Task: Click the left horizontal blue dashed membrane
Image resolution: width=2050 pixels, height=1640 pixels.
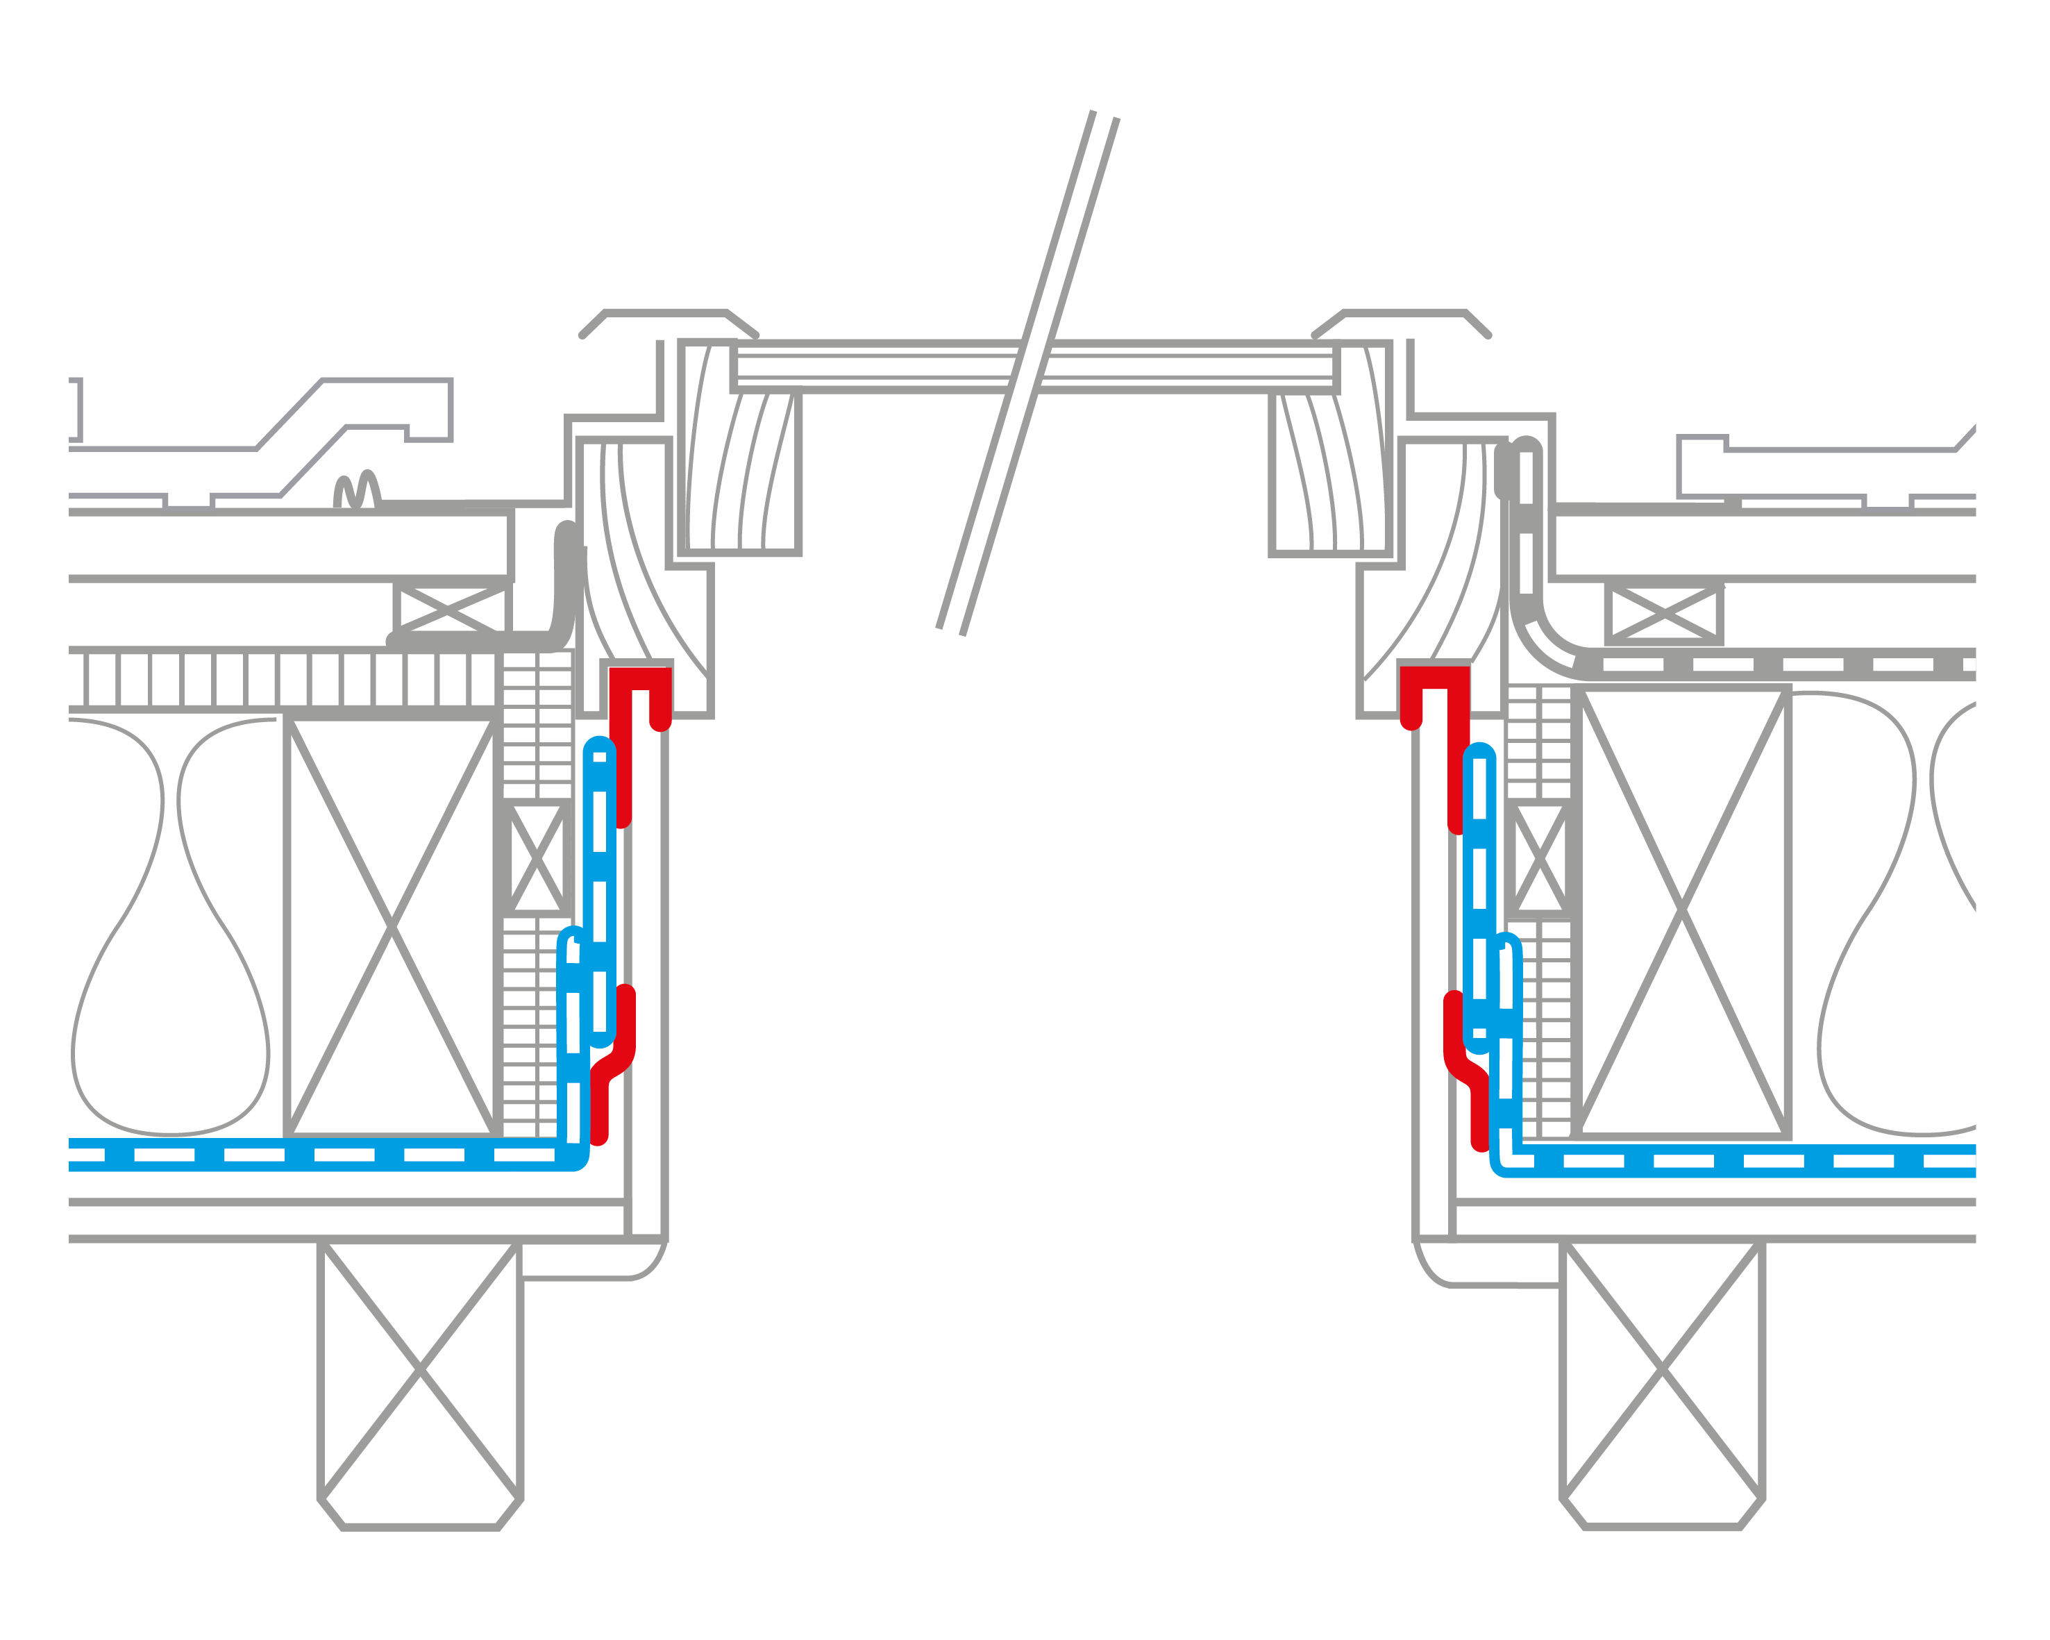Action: tap(314, 1154)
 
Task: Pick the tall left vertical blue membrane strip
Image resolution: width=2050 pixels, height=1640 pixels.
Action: tap(599, 894)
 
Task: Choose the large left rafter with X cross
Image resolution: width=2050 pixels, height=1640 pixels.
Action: tap(392, 925)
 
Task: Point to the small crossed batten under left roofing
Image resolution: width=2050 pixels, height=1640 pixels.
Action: tap(451, 608)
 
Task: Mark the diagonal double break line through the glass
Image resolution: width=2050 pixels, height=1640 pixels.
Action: tap(1027, 371)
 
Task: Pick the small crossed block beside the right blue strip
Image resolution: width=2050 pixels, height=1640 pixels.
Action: tap(1539, 858)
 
